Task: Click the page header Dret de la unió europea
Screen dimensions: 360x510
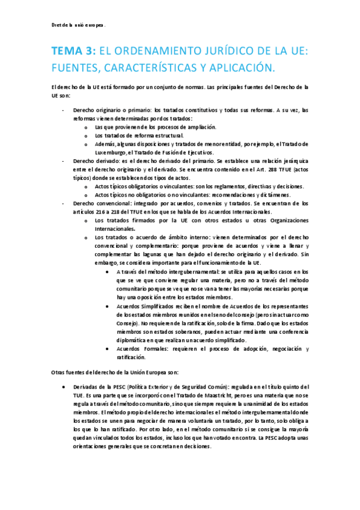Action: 78,26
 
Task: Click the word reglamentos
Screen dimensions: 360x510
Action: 215,186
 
